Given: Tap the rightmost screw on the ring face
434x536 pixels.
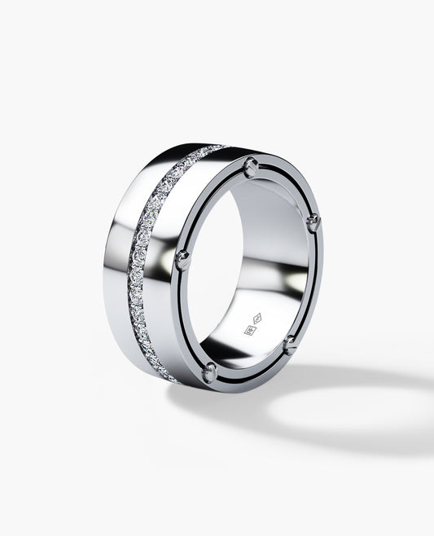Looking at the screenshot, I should (313, 223).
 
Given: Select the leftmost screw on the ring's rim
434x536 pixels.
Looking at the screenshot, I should (183, 260).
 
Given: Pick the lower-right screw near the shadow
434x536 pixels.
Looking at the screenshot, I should (289, 345).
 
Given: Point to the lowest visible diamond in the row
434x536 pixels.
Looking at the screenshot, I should (173, 379).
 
